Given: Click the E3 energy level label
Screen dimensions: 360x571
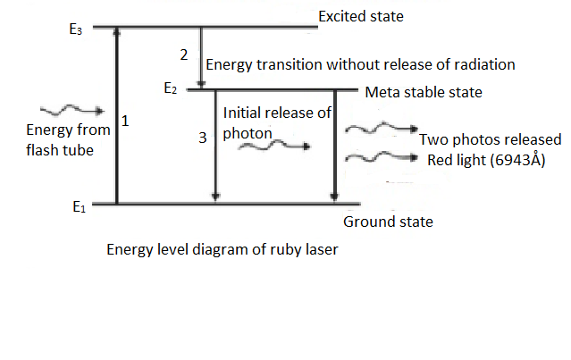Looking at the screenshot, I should (x=76, y=29).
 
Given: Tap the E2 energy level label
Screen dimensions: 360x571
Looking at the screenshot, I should (x=171, y=88).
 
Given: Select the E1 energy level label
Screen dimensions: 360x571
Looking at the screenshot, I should (x=80, y=206).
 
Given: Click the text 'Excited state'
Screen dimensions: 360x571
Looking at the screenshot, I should (x=360, y=16).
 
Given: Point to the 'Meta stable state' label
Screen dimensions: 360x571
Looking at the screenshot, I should (x=423, y=92).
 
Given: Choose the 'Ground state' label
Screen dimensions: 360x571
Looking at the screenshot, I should (x=388, y=222).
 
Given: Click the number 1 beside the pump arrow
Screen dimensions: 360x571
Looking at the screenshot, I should (x=126, y=120).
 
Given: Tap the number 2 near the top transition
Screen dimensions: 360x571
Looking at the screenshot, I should (x=183, y=54).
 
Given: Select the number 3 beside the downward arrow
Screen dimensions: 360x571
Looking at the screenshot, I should (x=203, y=138).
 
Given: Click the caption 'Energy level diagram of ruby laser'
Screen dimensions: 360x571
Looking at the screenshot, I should (x=223, y=249).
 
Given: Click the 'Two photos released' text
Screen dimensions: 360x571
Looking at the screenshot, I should (x=490, y=139).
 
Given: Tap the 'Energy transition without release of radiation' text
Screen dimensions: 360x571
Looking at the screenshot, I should (x=360, y=64).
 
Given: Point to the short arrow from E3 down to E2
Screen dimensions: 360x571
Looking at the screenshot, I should (x=201, y=57).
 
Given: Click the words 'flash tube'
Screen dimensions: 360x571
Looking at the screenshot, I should (x=59, y=150).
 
